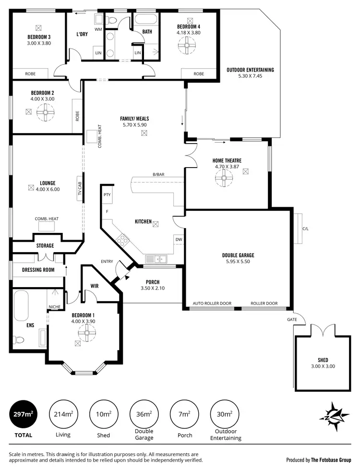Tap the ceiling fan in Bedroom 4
[x=186, y=47]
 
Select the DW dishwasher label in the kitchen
[x=179, y=239]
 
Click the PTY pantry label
[x=107, y=194]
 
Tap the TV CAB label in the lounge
[x=80, y=186]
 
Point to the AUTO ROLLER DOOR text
[x=212, y=303]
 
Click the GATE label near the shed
[x=292, y=319]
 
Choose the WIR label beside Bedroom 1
[x=95, y=286]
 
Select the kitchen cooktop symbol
[x=122, y=240]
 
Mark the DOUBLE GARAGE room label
[x=238, y=255]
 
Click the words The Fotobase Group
[x=331, y=460]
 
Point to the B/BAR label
[x=159, y=174]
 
